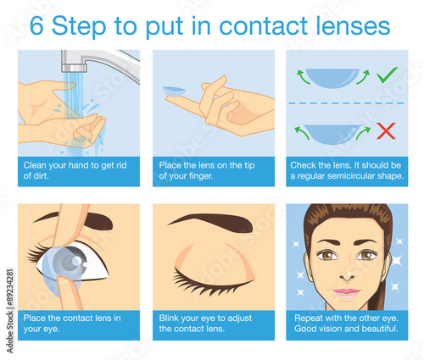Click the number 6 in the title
click(x=36, y=26)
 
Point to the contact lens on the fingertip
click(x=174, y=91)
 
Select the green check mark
click(x=387, y=75)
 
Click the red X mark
click(x=386, y=130)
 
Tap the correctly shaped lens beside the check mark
click(x=332, y=78)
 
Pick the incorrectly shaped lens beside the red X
click(x=332, y=134)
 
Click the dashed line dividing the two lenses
click(x=347, y=103)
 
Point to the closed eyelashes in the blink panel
click(x=210, y=281)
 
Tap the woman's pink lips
click(x=346, y=293)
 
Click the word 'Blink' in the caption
click(x=169, y=318)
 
